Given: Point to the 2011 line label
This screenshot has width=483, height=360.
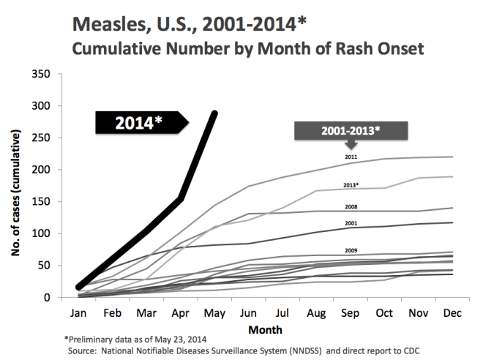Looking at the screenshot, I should [x=351, y=157].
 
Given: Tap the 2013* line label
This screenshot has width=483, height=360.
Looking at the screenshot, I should [x=352, y=186].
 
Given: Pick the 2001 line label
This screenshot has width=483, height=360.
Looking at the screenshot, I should [x=351, y=222].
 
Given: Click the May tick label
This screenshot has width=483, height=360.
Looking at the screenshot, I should [x=214, y=312].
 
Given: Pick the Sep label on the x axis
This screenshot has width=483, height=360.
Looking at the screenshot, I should [x=350, y=312].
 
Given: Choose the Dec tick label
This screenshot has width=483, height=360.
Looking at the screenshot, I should [x=452, y=312].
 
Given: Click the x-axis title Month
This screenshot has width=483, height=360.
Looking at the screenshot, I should [x=265, y=329].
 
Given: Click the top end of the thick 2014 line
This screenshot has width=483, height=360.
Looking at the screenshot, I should [x=214, y=113].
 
